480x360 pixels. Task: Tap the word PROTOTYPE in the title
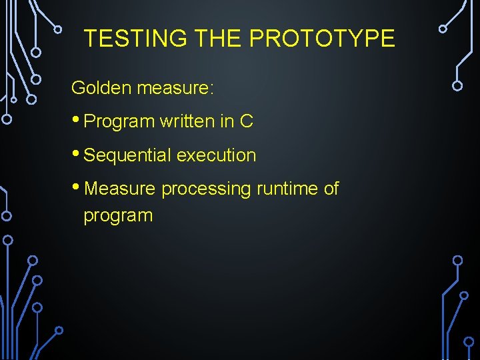point(322,39)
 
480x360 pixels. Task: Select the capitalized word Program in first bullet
point(119,122)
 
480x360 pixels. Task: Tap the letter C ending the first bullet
point(247,121)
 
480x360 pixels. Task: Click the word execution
point(217,155)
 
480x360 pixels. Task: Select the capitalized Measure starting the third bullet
point(120,189)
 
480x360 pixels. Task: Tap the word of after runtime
point(331,189)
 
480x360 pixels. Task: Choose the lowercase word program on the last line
point(118,216)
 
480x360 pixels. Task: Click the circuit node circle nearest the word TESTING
point(58,29)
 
